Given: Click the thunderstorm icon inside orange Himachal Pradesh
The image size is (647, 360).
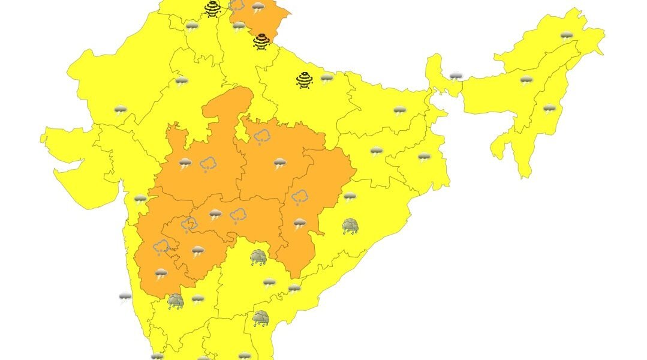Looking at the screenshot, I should coord(258,8).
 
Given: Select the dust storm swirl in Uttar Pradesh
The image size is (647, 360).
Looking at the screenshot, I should coord(305,80).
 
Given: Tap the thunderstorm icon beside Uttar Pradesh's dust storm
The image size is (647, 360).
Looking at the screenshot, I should coord(327,79).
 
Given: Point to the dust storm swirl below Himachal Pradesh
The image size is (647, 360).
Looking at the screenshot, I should coord(261,41).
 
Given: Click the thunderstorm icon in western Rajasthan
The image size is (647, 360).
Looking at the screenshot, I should coord(121,110).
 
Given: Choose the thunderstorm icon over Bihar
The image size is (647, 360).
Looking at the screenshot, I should coord(399,110).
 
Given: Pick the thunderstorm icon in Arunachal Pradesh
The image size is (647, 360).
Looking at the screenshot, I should coord(566,35).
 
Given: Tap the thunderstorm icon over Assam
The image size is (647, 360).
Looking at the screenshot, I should coord(526,80).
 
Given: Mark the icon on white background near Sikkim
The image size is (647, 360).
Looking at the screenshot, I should coord(456,76).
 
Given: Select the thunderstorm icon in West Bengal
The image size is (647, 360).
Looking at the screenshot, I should coord(424,157).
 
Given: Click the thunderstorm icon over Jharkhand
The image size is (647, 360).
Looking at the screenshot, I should coord(376,151).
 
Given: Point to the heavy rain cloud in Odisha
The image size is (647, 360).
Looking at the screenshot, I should coord(350,226).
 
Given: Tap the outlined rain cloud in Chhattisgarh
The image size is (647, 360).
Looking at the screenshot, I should coord(299,196).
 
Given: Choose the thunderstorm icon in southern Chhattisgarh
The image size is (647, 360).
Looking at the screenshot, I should coord(299,223).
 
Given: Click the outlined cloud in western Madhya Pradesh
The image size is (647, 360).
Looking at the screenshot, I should coord(208,163).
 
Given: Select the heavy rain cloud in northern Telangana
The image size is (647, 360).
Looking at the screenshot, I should coord(258,257).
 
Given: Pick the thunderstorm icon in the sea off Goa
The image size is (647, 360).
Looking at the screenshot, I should coord(125,297).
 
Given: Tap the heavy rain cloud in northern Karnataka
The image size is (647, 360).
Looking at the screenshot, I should coord(175,301).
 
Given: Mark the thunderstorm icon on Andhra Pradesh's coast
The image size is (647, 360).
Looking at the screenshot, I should coord(294,289).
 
